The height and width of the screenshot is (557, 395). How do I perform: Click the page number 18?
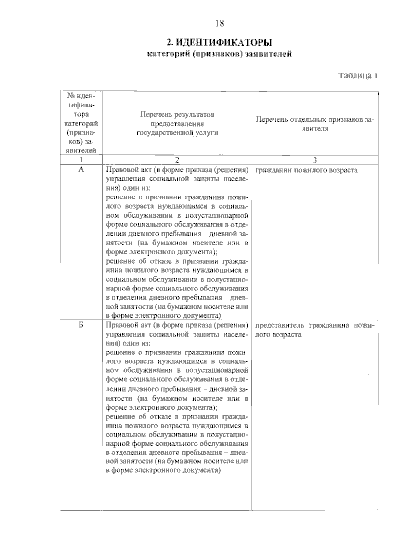tap(220, 23)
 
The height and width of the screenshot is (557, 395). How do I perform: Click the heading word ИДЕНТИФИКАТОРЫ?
tap(224, 43)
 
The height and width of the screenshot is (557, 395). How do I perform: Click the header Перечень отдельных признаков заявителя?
tap(315, 124)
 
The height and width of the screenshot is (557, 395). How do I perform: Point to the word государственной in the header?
tap(161, 133)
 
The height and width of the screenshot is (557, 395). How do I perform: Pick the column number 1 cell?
tap(81, 160)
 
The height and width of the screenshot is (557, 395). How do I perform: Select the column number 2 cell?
tap(177, 160)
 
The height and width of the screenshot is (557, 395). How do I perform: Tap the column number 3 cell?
tap(315, 160)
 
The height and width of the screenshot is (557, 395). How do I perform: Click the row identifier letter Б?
tap(81, 325)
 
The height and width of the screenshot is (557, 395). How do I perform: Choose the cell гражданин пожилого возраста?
tap(306, 170)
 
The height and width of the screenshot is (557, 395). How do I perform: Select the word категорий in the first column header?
tap(81, 124)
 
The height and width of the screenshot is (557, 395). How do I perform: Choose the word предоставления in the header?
tap(177, 124)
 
